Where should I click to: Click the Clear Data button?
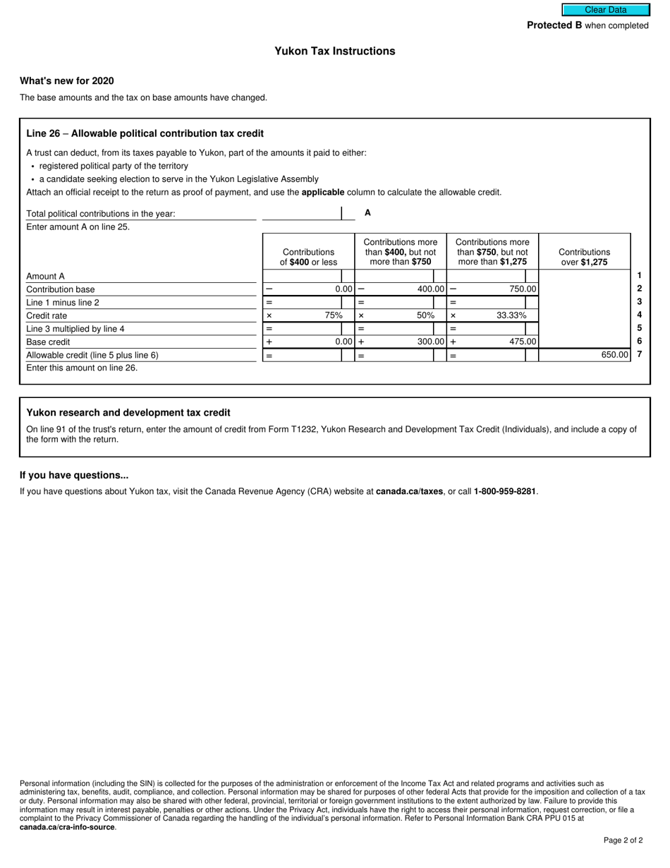[x=605, y=10]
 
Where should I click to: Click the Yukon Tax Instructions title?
[x=335, y=52]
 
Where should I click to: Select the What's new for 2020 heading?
[x=67, y=81]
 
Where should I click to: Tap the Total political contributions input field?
[x=302, y=213]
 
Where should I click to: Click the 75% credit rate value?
[x=334, y=315]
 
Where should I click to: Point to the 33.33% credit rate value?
[x=511, y=315]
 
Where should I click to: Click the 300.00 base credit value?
[x=430, y=342]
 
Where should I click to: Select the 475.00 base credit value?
[x=523, y=342]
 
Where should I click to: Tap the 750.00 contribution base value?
[x=523, y=289]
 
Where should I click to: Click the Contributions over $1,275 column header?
[x=584, y=257]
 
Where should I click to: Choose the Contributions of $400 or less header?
[x=308, y=257]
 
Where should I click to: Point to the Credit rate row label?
[x=47, y=316]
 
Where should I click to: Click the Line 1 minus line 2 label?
[x=63, y=303]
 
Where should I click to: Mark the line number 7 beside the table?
[x=639, y=354]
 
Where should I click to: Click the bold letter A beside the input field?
[x=367, y=212]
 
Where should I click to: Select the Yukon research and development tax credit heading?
[x=128, y=413]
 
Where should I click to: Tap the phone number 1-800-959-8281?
[x=505, y=491]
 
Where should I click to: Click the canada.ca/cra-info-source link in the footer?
[x=67, y=827]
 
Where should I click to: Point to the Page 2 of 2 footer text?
[x=623, y=840]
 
